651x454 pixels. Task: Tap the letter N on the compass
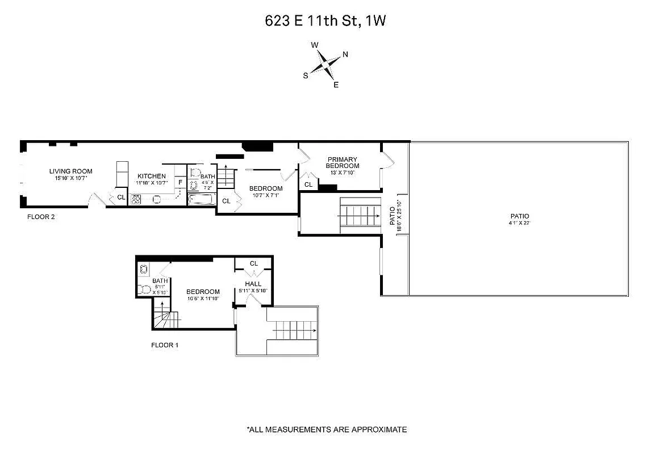(x=345, y=55)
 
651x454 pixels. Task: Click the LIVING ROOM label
(x=70, y=171)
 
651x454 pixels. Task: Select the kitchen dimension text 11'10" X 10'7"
(x=151, y=183)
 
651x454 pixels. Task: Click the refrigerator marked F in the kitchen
(x=180, y=182)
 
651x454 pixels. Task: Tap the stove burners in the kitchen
(x=136, y=199)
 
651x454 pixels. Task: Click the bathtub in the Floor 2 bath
(x=201, y=199)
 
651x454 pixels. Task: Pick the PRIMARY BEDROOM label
(x=342, y=162)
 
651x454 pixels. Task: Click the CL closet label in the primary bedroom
(x=308, y=185)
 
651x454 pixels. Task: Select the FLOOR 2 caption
(x=41, y=217)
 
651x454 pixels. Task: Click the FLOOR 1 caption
(x=165, y=345)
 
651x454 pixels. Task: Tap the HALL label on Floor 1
(x=253, y=284)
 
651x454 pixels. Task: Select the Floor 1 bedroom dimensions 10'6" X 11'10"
(x=203, y=299)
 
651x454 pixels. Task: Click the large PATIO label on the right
(x=519, y=216)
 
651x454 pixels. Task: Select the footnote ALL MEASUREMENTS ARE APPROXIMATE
(x=326, y=430)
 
